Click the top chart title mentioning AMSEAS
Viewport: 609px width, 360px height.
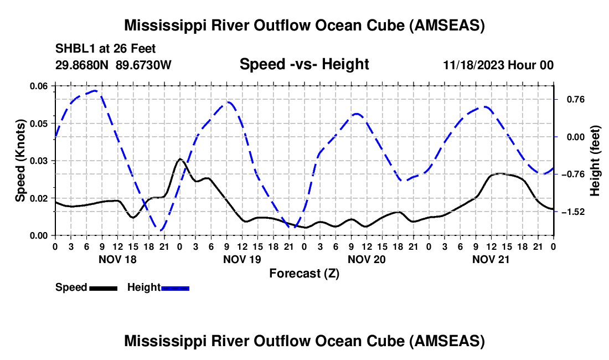tap(304, 26)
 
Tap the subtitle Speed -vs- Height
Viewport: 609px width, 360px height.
tap(304, 65)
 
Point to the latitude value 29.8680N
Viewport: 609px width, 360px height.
tap(82, 65)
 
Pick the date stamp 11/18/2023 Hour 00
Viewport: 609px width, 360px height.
tap(498, 65)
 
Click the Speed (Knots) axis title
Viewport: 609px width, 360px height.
tap(20, 161)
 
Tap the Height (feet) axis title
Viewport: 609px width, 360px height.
tap(595, 161)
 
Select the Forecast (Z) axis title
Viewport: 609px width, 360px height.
tap(304, 273)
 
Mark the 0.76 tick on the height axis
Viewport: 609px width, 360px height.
tap(570, 100)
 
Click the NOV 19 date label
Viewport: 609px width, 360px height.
tap(242, 259)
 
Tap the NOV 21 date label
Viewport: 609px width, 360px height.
tap(491, 259)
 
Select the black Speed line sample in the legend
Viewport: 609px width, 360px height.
tap(104, 287)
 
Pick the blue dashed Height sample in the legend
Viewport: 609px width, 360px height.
tap(175, 287)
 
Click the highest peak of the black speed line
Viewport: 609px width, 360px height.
tap(180, 159)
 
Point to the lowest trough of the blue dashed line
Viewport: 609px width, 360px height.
tap(160, 230)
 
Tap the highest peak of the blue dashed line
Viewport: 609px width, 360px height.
tap(96, 90)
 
